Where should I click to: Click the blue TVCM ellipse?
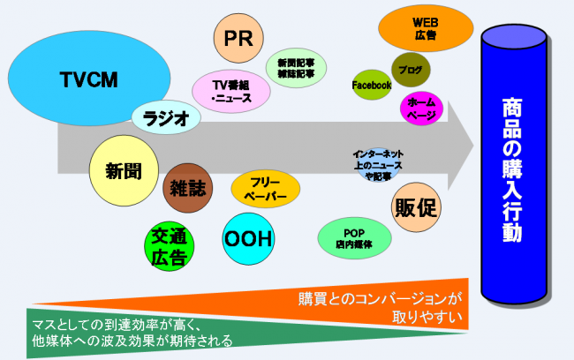point(88,80)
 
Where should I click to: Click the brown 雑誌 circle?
point(187,189)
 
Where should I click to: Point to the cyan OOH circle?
point(248,238)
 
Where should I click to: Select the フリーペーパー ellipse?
point(265,187)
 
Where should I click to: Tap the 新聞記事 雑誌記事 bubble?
point(296,68)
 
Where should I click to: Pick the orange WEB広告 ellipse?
point(426,30)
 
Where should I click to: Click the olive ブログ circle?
point(410,69)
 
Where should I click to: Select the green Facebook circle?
point(372,86)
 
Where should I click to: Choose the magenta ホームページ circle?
point(421,109)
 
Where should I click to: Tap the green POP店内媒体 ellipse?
point(355,237)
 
